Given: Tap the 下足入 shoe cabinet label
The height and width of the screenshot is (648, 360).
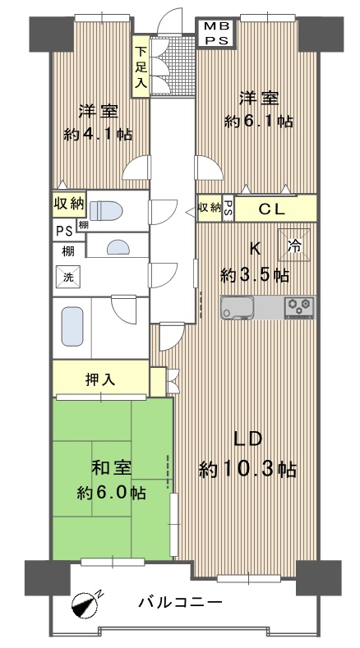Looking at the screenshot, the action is point(141,67).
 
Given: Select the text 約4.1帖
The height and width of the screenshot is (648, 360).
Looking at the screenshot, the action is point(98,134).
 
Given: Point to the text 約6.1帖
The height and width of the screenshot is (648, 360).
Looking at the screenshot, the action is point(259,122).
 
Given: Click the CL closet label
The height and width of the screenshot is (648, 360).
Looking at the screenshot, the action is point(272,209).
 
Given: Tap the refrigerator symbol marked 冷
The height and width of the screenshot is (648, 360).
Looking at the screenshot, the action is point(293,245).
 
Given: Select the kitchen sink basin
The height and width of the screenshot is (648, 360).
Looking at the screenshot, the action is point(238,308).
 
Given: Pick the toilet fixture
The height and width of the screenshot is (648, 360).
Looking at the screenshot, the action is point(106,210).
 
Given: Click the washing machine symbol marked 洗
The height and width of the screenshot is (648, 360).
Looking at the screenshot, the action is point(68,277).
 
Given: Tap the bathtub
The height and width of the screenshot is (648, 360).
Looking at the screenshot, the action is point(72,327).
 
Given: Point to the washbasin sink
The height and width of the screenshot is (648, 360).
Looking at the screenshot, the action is point(118,247).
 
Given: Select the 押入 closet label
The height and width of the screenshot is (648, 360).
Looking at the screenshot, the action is point(100,379).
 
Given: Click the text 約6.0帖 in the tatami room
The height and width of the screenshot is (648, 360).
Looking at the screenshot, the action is point(111,493).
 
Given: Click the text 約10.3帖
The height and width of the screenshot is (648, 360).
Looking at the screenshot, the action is point(247,470).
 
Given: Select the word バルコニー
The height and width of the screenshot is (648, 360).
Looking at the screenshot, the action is point(181,603).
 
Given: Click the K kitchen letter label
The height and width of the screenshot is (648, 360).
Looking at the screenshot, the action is point(255,248).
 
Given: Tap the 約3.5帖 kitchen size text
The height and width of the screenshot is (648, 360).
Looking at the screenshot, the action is point(255,275).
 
